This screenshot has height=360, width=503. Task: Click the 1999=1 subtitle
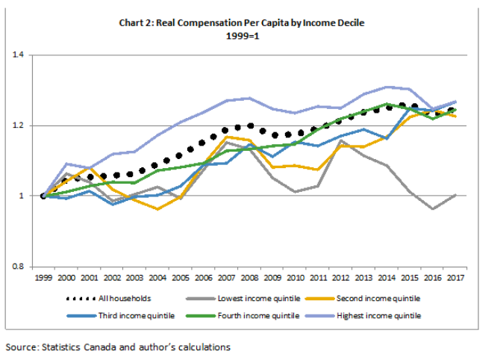pos(242,35)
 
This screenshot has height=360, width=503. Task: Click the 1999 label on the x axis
pos(43,278)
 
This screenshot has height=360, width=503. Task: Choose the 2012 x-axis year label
pos(340,278)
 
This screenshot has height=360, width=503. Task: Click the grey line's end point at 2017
pos(455,194)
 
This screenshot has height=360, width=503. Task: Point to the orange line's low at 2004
pos(157,209)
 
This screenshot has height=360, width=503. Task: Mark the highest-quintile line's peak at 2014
pos(387,87)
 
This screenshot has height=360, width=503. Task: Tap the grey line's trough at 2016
pos(432,209)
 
